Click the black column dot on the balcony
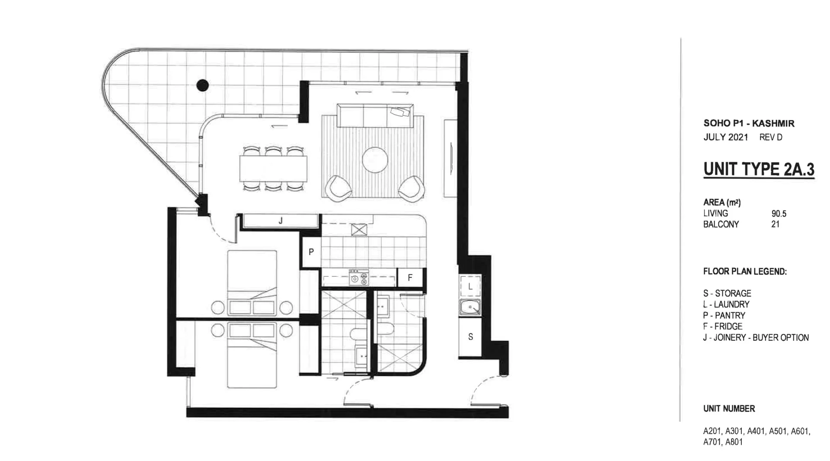coord(202,85)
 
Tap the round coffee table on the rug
coord(375,160)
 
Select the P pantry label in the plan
coord(311,252)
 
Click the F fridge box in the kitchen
coord(410,278)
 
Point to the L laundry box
coord(470,286)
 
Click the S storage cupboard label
coord(470,336)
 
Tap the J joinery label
coord(281,221)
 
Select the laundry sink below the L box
coord(470,307)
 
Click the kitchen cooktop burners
coord(359,277)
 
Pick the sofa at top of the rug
coord(375,115)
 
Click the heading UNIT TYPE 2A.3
coord(759,169)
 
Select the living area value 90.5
coord(779,214)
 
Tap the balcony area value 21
coord(775,224)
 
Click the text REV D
coord(771,138)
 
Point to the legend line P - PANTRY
coord(724,315)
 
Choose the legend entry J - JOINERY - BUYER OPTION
coord(756,338)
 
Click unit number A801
coord(734,442)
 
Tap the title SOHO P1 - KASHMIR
coord(749,123)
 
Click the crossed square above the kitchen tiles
coord(359,229)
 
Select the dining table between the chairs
coord(273,169)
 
